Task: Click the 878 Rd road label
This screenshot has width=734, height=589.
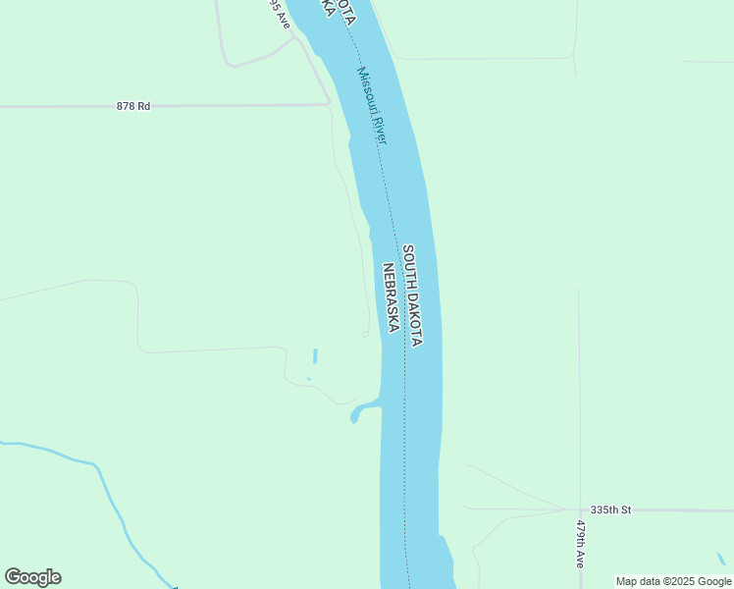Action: (132, 106)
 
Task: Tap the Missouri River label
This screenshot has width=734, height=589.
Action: (373, 106)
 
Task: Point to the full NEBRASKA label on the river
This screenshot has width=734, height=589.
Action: (390, 297)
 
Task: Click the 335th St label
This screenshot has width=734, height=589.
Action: (610, 509)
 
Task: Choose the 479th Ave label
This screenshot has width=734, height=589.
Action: (580, 545)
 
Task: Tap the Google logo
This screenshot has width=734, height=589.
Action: (32, 577)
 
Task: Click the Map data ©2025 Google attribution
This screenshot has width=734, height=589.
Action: (673, 581)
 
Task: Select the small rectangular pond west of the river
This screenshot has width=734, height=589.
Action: (314, 355)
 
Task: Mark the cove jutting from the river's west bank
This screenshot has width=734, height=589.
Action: (361, 410)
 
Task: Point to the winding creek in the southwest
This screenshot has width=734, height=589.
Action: (108, 491)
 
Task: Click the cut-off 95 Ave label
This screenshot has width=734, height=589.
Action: (280, 13)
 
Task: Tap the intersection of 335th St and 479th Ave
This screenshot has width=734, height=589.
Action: (579, 509)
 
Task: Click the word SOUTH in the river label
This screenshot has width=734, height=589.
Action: (408, 266)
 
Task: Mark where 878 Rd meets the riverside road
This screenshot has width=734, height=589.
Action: (329, 103)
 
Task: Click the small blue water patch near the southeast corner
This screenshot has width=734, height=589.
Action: (722, 559)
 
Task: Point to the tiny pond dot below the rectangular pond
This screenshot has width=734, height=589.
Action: (309, 379)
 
